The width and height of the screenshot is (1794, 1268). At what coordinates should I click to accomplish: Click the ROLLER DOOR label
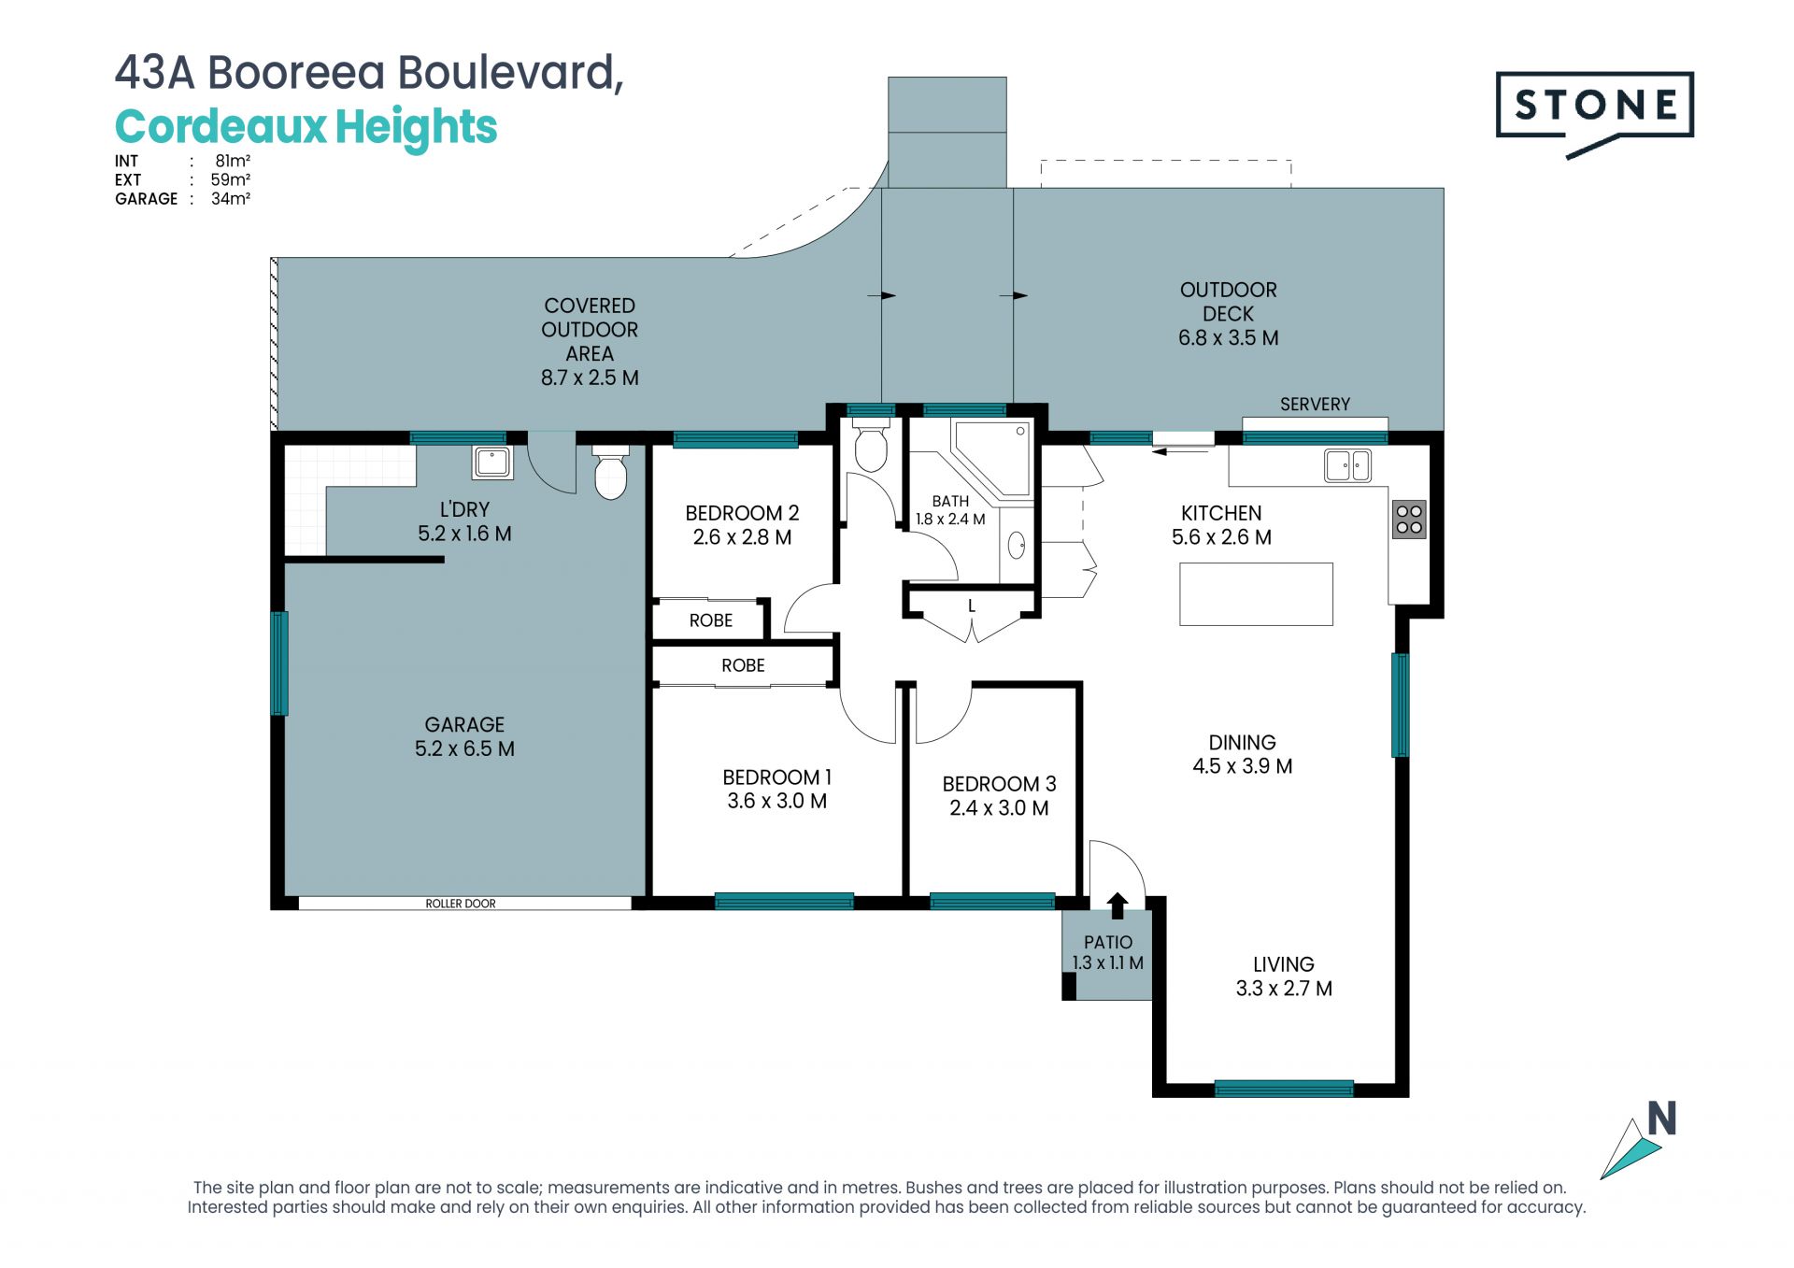[x=461, y=904]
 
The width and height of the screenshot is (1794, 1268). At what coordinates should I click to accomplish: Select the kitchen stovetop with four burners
[x=1409, y=520]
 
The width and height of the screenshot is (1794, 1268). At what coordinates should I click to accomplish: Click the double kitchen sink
[x=1347, y=464]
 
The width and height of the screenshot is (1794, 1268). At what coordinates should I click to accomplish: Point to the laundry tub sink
[x=492, y=462]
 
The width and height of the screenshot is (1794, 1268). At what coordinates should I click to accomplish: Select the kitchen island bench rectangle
[x=1256, y=594]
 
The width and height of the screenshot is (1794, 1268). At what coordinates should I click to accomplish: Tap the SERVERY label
[x=1315, y=405]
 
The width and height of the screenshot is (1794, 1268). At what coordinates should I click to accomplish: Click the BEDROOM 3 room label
[x=999, y=784]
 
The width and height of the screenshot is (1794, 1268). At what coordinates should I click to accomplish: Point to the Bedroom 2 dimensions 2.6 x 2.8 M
[x=742, y=537]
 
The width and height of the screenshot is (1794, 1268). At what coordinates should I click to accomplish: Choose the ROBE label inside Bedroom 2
[x=711, y=620]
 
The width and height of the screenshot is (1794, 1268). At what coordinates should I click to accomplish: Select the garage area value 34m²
[x=231, y=199]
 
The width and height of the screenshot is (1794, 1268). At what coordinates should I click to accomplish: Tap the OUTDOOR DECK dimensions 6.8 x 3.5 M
[x=1228, y=338]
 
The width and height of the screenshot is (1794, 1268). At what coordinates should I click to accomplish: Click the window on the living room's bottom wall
[x=1284, y=1089]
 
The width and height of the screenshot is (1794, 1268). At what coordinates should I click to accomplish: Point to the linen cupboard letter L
[x=972, y=606]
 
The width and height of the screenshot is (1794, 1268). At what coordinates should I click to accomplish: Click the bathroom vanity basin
[x=1017, y=545]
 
